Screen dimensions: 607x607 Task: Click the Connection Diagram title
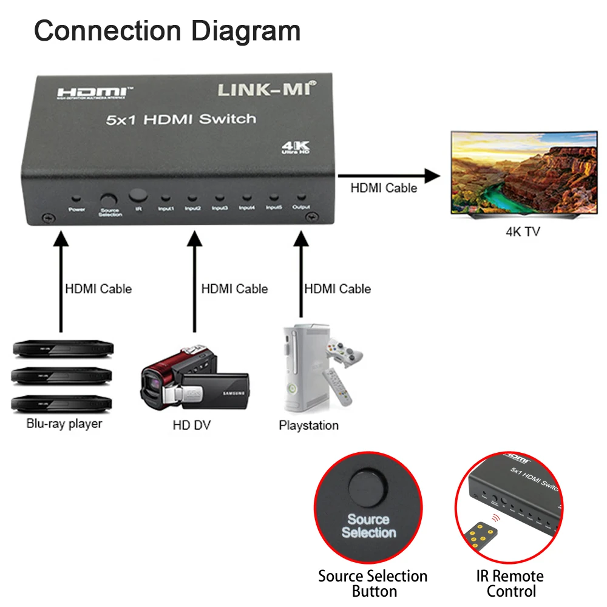tap(167, 30)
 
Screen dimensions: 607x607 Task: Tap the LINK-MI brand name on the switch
tap(268, 89)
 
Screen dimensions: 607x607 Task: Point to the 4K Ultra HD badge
tap(296, 147)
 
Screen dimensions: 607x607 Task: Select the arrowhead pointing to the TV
tap(431, 176)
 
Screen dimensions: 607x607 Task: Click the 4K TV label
tap(523, 231)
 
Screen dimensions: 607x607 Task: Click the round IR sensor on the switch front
tap(138, 195)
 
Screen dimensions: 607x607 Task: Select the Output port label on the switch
tap(301, 208)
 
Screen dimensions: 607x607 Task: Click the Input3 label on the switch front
tap(220, 208)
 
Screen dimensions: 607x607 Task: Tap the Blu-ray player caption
tap(64, 424)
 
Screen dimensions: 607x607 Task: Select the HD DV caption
tap(191, 425)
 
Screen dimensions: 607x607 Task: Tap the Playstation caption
tap(308, 425)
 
